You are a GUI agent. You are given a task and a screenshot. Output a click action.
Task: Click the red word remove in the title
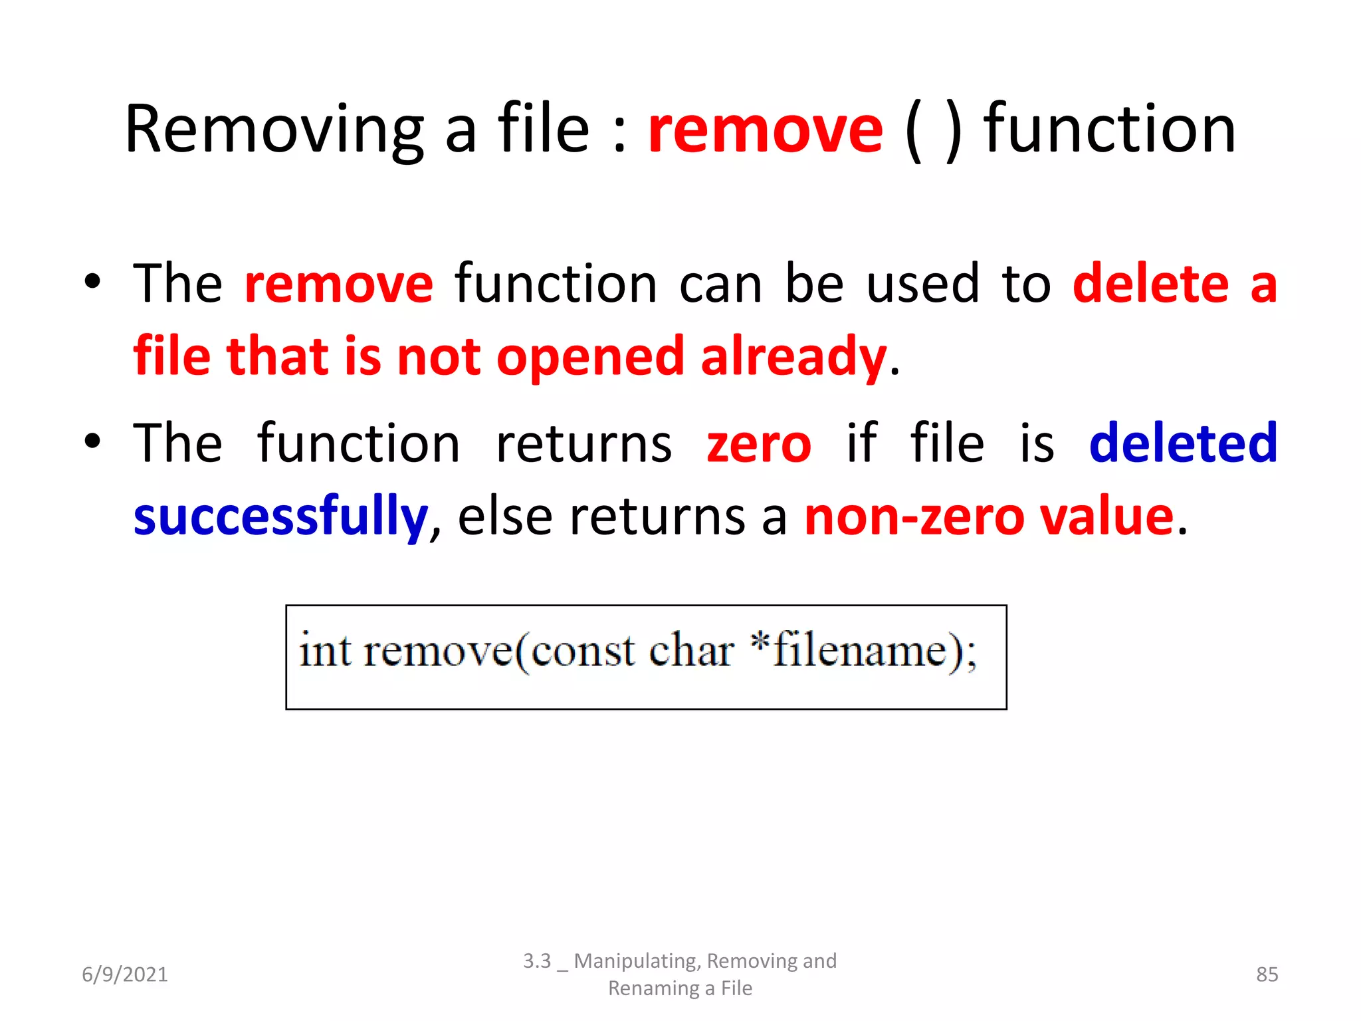click(x=766, y=130)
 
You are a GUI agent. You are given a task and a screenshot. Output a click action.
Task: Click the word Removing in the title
click(x=274, y=130)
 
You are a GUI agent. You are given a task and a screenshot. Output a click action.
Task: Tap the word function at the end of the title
click(x=1109, y=130)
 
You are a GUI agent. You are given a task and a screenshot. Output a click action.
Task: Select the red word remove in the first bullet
click(x=339, y=284)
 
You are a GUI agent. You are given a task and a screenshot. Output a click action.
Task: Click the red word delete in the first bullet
click(x=1150, y=284)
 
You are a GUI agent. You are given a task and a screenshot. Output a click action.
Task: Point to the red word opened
click(x=590, y=358)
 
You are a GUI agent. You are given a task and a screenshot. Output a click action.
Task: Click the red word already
click(x=793, y=358)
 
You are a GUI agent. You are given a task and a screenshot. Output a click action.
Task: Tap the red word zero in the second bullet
click(x=759, y=444)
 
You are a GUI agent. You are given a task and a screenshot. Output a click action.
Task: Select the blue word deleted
click(x=1184, y=443)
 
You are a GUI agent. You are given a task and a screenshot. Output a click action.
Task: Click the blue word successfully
click(x=280, y=517)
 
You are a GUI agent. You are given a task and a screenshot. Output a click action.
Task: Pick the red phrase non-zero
click(x=914, y=517)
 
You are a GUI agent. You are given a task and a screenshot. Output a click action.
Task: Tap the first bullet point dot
click(x=92, y=282)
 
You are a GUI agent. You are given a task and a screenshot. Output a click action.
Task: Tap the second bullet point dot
click(x=92, y=441)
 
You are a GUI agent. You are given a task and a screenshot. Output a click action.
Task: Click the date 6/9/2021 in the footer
click(x=125, y=974)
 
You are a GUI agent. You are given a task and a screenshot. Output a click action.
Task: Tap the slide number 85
click(x=1267, y=974)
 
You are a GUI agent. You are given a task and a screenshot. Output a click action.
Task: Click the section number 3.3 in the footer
click(x=537, y=961)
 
